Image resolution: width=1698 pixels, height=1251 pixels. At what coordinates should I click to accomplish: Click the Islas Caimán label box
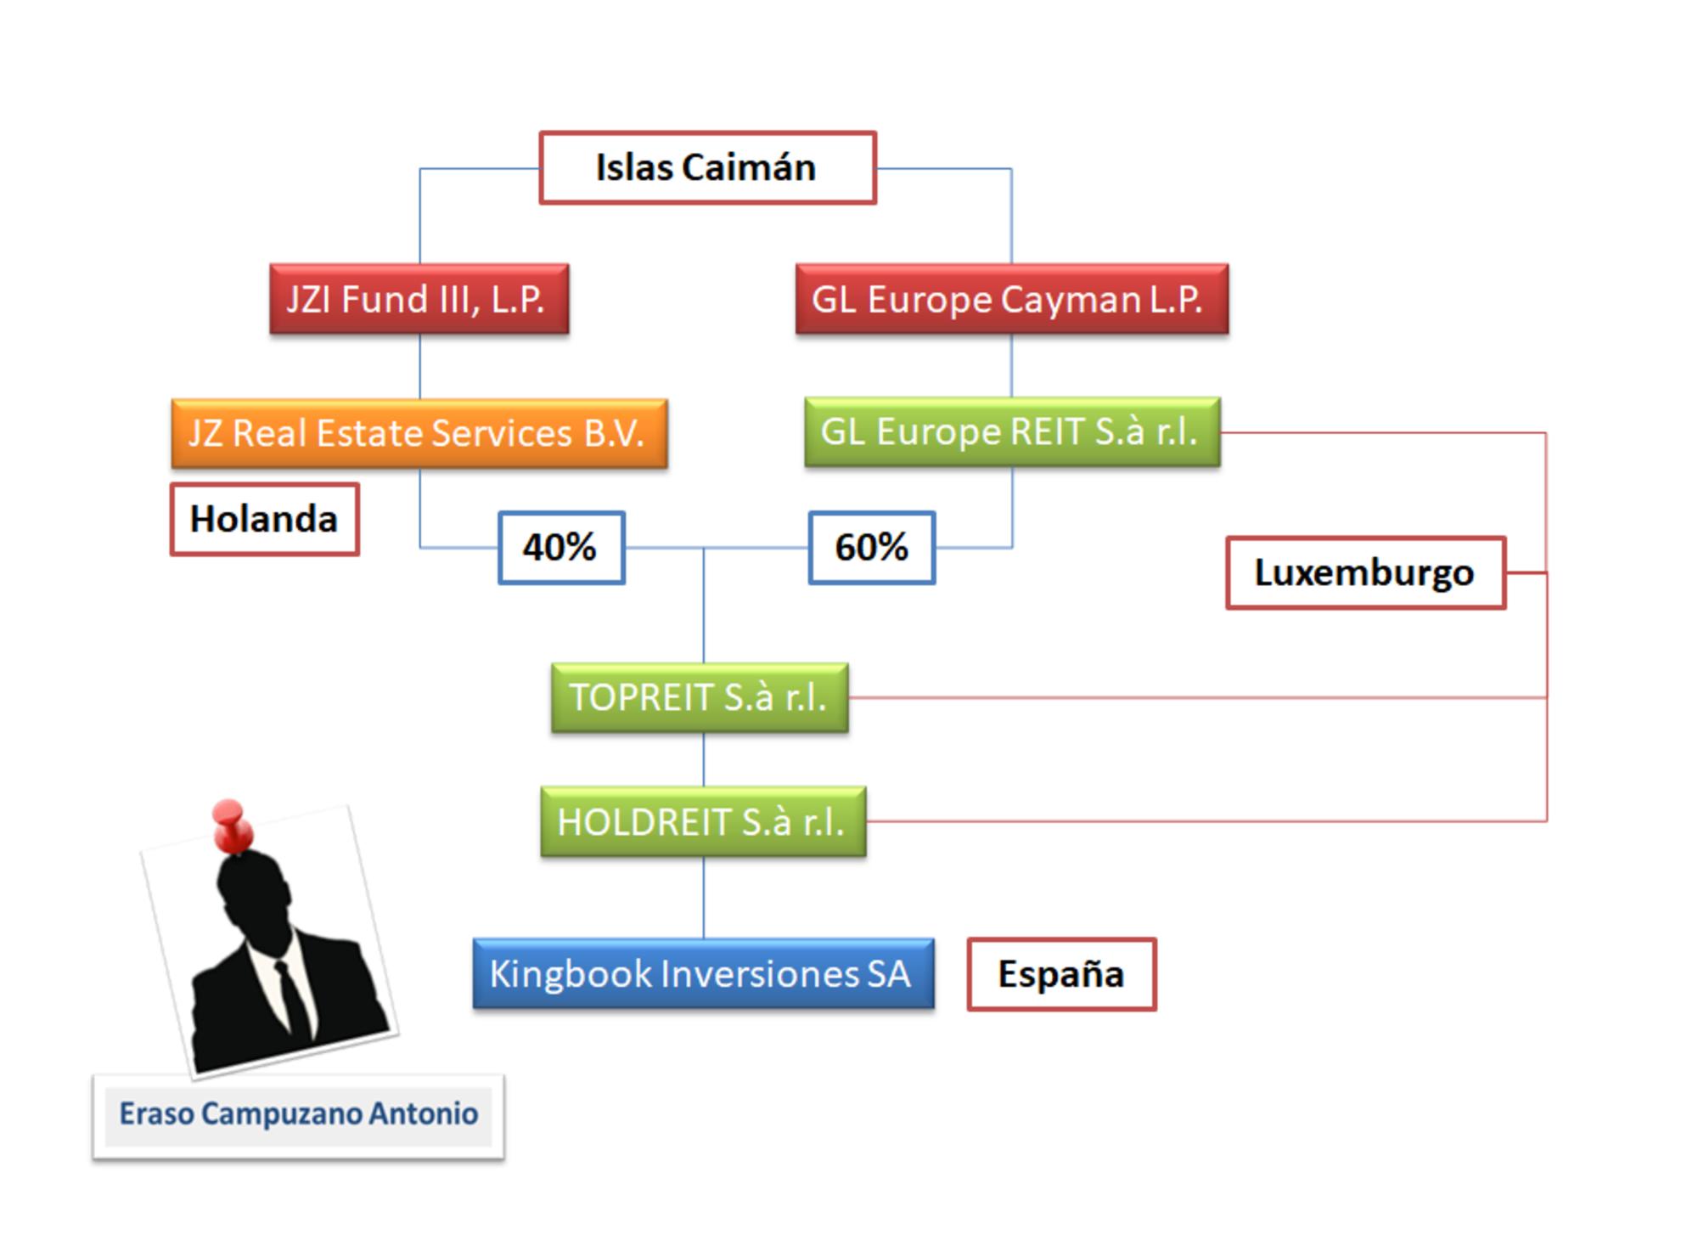[x=707, y=167]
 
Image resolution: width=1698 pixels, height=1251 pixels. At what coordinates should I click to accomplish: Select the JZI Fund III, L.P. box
[x=419, y=299]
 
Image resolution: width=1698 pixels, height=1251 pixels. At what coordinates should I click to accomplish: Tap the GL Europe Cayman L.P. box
[x=1011, y=299]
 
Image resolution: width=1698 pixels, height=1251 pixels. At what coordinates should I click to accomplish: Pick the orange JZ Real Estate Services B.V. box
[x=419, y=433]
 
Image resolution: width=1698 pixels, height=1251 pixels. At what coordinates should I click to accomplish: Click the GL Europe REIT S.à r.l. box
[x=1012, y=431]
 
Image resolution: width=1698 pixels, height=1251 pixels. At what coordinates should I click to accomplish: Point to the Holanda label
[x=264, y=519]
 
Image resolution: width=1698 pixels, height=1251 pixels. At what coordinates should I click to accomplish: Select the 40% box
[x=561, y=547]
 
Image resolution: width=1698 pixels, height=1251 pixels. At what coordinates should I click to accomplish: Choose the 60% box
[x=872, y=547]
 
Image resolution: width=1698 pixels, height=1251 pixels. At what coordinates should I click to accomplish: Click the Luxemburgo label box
[x=1365, y=572]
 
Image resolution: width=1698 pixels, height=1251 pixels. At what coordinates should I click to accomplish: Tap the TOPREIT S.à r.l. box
[x=700, y=697]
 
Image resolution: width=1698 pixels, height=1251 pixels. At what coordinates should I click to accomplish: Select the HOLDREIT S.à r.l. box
[x=703, y=821]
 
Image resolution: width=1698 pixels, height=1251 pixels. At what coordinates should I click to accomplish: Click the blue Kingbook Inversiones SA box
[x=703, y=973]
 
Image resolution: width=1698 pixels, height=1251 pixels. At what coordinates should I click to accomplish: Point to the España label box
[x=1061, y=973]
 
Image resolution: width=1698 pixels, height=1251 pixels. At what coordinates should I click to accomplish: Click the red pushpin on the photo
[x=231, y=824]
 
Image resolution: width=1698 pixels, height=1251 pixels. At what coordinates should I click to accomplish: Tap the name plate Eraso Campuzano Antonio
[x=298, y=1114]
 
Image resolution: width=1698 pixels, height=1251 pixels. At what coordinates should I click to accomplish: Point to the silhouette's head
[x=253, y=892]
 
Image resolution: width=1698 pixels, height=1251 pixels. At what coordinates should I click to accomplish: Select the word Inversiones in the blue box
[x=758, y=974]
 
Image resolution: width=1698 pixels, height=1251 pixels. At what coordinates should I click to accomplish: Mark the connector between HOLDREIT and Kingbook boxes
[x=703, y=897]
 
